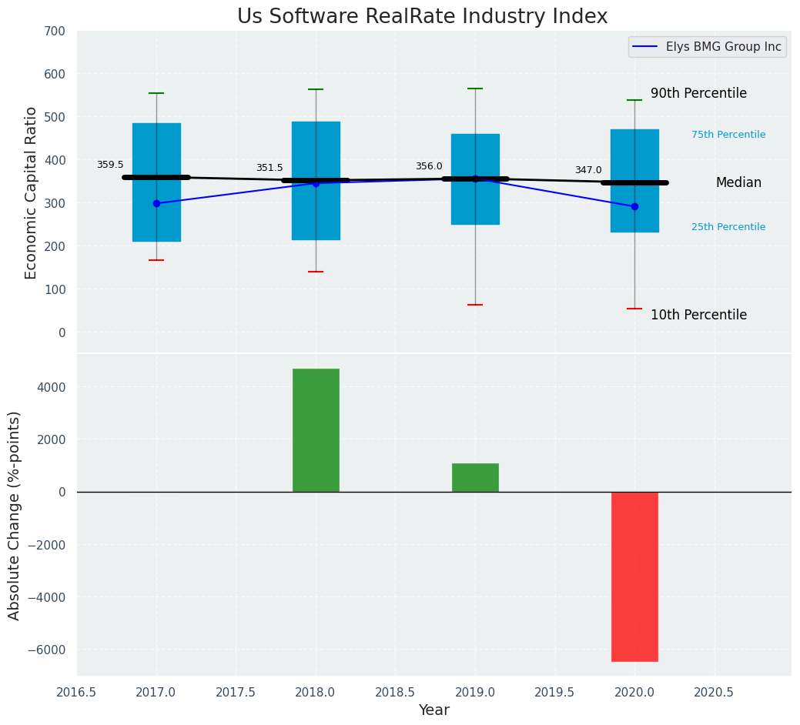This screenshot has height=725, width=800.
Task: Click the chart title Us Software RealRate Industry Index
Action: click(422, 17)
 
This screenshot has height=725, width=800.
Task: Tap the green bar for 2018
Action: click(316, 429)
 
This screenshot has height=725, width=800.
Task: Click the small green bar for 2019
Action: click(475, 477)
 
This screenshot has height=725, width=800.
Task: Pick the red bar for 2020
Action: click(634, 576)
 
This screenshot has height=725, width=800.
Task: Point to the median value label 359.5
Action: click(110, 165)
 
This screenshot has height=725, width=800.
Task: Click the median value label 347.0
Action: click(588, 171)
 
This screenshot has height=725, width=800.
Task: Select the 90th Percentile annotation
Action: click(698, 93)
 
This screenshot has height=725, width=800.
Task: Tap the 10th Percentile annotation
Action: click(698, 315)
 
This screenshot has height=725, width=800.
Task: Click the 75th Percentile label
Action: click(728, 135)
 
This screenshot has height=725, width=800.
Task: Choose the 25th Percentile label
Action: click(728, 227)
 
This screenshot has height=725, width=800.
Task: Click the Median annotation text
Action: click(738, 183)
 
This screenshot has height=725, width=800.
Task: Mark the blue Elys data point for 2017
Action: click(156, 204)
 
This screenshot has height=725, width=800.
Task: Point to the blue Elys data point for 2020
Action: click(634, 206)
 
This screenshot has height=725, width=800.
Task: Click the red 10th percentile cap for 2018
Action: click(316, 272)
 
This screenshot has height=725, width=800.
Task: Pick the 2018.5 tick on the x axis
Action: click(395, 692)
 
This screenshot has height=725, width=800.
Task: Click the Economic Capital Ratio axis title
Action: click(32, 192)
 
